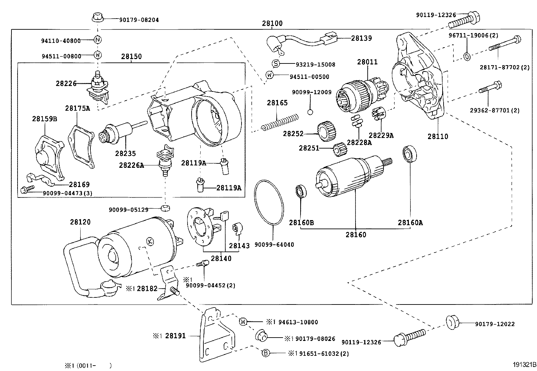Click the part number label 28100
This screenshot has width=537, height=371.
click(x=272, y=24)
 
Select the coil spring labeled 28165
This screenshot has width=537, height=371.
click(x=280, y=122)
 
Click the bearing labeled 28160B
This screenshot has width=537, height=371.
click(x=301, y=192)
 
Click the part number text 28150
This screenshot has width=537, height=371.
click(x=132, y=56)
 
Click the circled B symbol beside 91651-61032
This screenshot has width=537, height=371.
click(x=266, y=353)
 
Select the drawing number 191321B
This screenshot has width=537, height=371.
click(x=524, y=365)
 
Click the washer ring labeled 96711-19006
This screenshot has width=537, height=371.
click(x=467, y=56)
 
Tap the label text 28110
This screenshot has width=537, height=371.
click(x=438, y=136)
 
